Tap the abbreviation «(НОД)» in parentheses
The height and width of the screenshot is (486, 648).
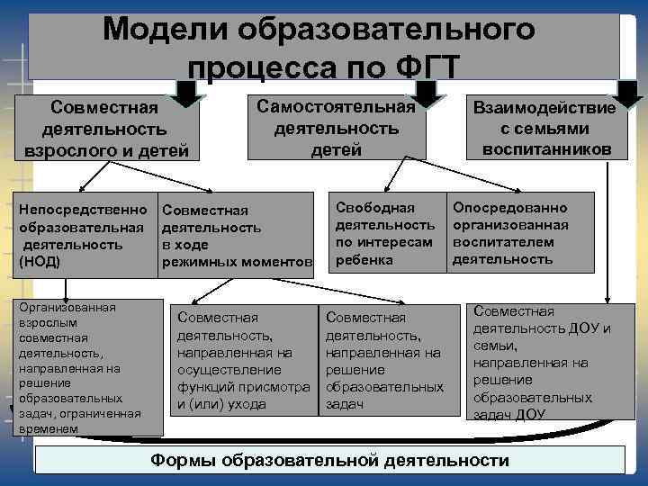39,261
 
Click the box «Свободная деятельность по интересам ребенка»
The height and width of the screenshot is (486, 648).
387,233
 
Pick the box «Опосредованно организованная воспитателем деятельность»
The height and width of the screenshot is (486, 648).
520,233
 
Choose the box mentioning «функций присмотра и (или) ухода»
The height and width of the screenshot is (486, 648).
241,360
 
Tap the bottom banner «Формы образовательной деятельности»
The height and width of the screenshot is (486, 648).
328,461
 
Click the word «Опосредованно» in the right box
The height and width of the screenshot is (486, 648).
510,208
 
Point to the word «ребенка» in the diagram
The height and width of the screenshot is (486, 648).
364,260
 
